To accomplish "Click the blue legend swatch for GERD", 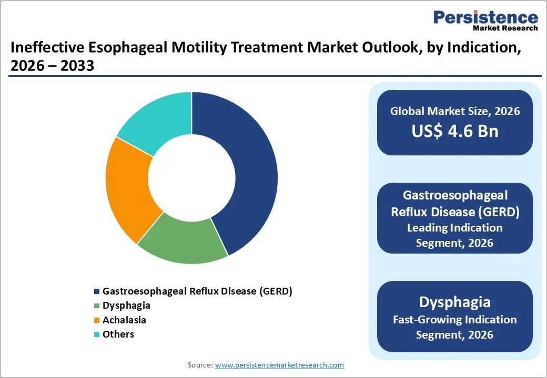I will pos(96,291).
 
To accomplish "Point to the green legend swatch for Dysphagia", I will pos(96,306).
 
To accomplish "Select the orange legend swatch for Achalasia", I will pos(96,320).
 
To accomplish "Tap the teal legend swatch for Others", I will pos(96,334).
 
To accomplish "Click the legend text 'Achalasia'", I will pos(124,320).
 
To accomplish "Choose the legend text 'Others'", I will pos(118,334).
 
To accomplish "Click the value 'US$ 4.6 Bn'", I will pos(455,131).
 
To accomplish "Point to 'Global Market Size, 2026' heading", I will pos(455,111).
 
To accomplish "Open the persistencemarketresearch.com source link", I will pos(279,365).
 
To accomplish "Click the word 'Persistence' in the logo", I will pos(485,17).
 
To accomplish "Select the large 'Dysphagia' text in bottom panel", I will pos(455,302).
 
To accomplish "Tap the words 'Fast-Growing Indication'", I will pos(455,320).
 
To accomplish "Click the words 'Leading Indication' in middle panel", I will pos(455,228).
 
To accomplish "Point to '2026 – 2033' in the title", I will pos(52,66).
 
